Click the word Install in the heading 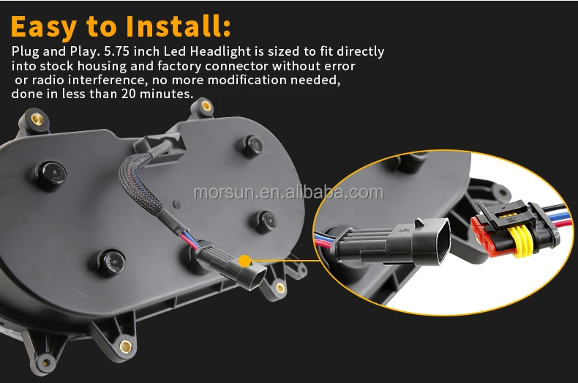point(178,26)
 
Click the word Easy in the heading point(44,28)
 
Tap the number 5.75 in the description point(116,51)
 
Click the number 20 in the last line point(129,94)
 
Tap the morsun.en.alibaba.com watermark point(288,193)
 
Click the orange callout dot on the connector point(245,261)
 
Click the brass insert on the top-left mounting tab point(37,119)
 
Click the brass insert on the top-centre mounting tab point(206,107)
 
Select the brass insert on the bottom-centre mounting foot point(126,346)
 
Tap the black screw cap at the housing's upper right point(251,146)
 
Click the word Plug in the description point(25,52)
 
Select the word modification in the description point(248,80)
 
